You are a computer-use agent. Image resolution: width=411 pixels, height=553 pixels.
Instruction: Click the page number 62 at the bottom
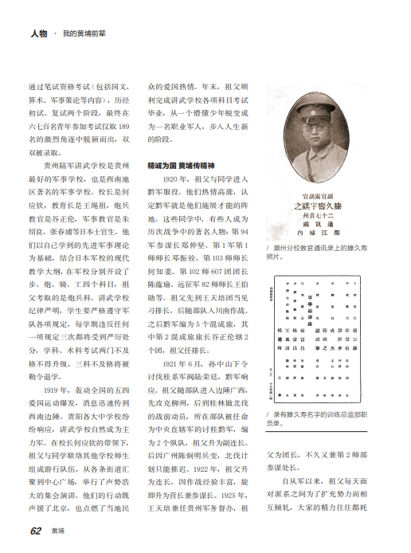[x=36, y=530]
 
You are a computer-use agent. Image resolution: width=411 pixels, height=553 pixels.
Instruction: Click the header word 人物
[x=39, y=35]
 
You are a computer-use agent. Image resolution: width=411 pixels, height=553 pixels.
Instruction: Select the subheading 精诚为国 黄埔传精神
[x=178, y=166]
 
